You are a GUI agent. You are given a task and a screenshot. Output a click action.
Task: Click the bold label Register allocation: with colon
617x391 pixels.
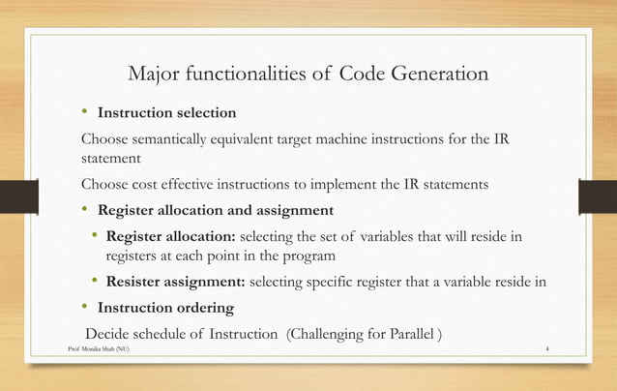(x=169, y=237)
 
